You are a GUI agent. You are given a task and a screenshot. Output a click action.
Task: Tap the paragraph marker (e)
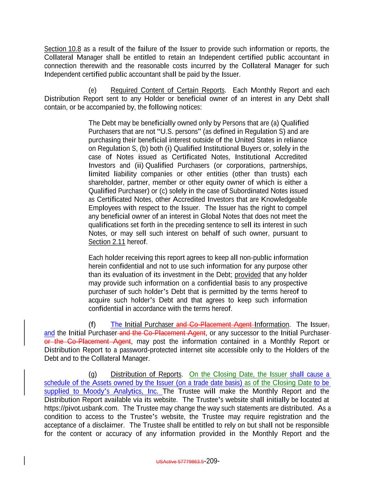point(92,90)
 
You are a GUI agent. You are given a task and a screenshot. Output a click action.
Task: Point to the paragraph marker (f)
point(92,325)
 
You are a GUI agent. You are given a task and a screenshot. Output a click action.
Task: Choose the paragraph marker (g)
point(92,375)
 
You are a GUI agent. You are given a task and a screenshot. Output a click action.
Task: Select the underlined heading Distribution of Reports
point(146,375)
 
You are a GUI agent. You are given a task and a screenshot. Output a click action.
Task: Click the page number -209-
point(212,461)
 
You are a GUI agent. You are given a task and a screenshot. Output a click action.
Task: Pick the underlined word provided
point(248,275)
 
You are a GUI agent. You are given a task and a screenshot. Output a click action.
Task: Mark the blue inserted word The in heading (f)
point(117,325)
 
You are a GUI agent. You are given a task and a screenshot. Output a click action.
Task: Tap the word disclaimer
point(108,425)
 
